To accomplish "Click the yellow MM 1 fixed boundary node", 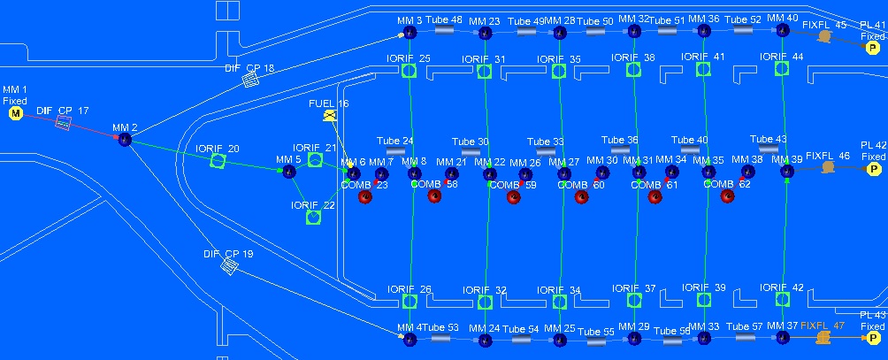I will (15, 113).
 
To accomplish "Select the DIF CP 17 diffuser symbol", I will (64, 122).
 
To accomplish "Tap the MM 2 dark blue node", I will (125, 140).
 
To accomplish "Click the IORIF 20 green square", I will (218, 161).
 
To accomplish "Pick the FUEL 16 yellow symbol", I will (330, 116).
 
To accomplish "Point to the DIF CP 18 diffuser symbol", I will (250, 80).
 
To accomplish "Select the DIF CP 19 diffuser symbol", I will (229, 265).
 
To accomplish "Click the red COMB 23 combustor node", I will (364, 196).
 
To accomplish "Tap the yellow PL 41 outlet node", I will (873, 48).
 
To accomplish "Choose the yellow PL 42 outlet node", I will (873, 168).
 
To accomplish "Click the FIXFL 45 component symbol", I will (824, 37).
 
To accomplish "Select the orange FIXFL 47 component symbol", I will (824, 338).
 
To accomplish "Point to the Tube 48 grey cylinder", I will (444, 30).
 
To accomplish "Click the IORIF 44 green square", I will (781, 69).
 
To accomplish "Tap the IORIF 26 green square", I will (410, 302).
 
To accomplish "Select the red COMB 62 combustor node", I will (727, 195).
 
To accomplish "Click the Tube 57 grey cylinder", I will (743, 338).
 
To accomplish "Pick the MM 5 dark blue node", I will (289, 172).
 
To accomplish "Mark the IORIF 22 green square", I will (312, 217).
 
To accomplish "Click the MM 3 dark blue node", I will (410, 33).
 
